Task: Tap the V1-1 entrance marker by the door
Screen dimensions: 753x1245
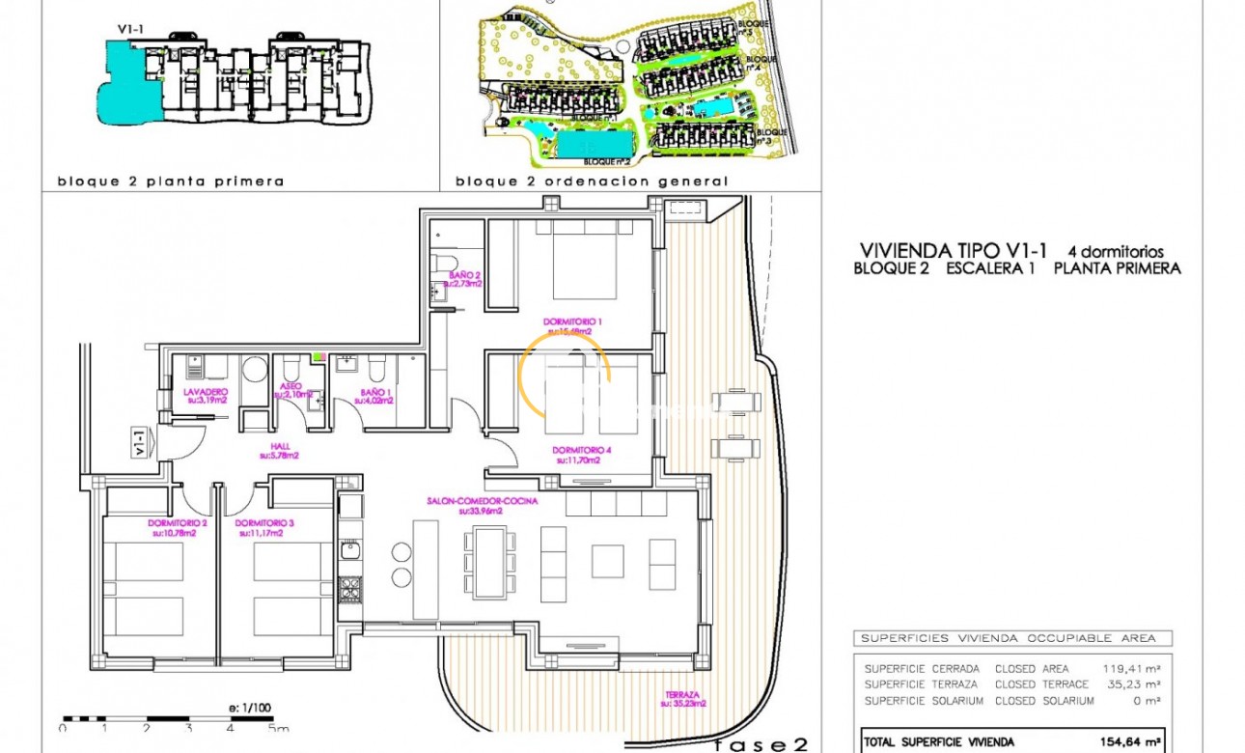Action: (141, 443)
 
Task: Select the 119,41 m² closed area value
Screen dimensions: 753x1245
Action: (1131, 668)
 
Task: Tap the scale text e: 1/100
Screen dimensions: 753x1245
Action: (246, 708)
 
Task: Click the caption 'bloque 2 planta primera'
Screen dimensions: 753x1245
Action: (171, 181)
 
